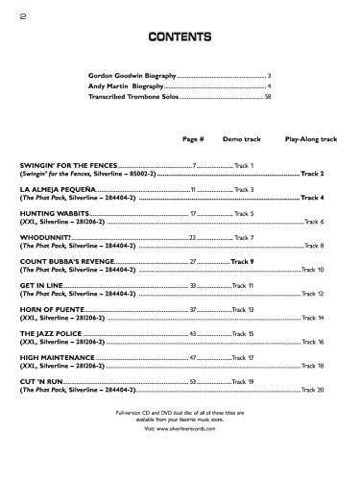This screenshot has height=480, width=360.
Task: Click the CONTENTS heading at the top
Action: pos(180,37)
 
